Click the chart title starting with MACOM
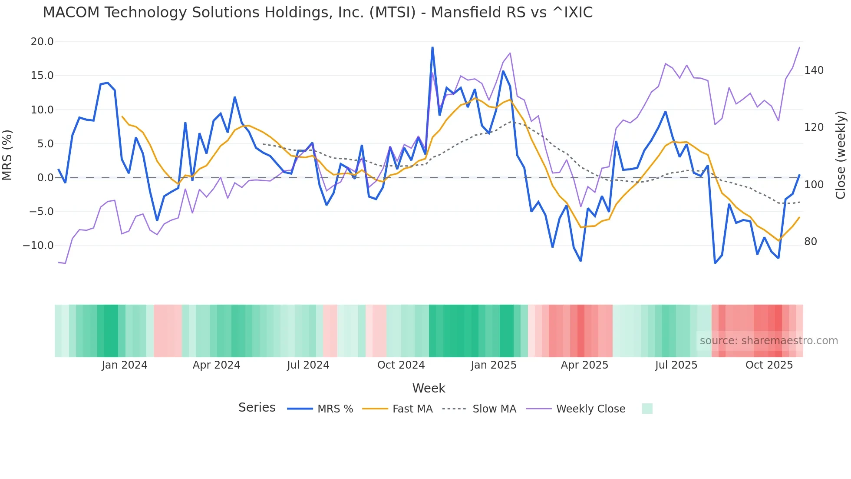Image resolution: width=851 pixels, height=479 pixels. tap(317, 13)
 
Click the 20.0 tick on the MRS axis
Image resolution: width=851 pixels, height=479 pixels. tap(42, 42)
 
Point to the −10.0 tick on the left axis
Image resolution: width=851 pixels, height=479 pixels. tap(38, 246)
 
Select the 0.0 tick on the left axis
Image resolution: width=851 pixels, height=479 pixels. tap(45, 178)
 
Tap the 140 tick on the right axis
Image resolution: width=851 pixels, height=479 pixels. tap(814, 70)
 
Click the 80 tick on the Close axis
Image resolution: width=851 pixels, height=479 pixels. tap(810, 242)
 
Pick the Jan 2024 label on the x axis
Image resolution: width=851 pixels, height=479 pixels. tap(125, 365)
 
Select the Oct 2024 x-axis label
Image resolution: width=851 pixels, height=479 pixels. tap(401, 365)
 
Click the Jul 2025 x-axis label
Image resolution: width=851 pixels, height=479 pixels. tap(676, 365)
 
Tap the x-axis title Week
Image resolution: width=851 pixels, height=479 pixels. tap(429, 388)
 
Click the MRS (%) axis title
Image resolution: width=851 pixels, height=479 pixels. tap(7, 155)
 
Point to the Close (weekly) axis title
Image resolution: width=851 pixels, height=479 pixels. tap(841, 155)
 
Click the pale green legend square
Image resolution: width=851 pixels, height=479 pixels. tap(647, 409)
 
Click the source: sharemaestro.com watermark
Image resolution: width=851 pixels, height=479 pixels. tap(769, 341)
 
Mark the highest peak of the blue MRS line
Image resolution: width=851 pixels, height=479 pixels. tap(432, 48)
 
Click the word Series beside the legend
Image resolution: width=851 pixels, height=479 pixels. tap(257, 408)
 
